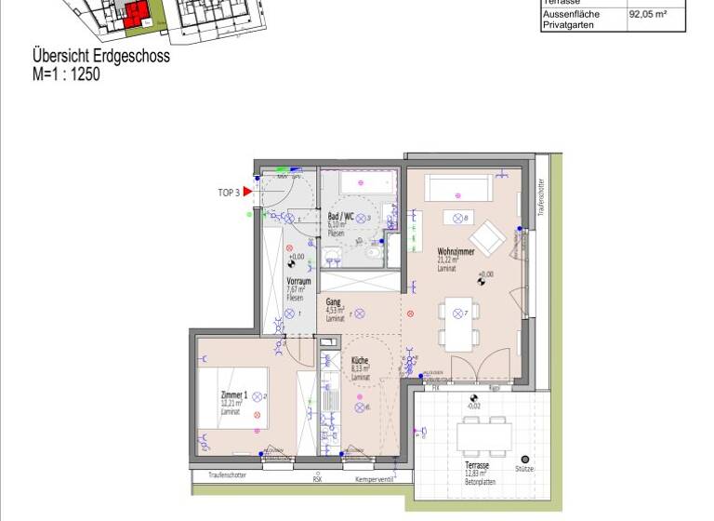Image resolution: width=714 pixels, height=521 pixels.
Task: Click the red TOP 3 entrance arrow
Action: pos(248,193)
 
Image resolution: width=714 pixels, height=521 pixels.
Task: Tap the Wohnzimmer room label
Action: pos(456,252)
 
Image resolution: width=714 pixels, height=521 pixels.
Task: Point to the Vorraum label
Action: pos(297,280)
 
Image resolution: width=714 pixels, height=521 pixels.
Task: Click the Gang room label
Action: pos(332,302)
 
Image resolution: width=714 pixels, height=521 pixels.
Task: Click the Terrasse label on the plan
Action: pos(478,465)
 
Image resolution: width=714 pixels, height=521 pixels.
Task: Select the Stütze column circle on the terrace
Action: pos(525,459)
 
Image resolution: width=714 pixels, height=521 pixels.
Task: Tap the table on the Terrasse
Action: pos(484,434)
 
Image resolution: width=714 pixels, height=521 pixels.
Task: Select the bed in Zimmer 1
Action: pos(233,397)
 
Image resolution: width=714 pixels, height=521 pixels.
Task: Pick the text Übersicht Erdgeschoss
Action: pos(101,57)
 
